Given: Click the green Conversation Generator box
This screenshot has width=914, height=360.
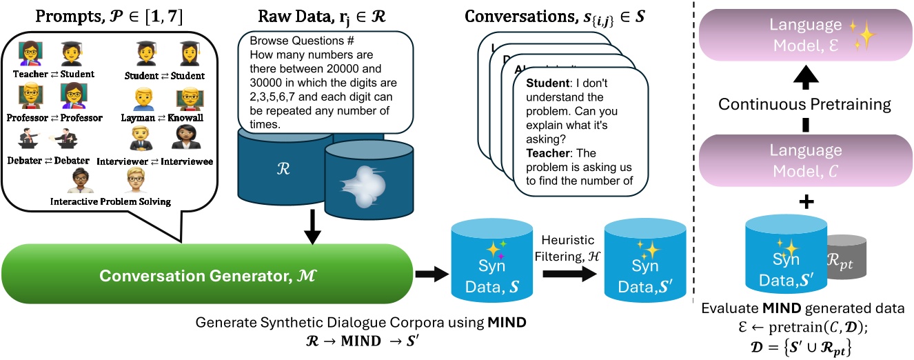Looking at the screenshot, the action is click(207, 274).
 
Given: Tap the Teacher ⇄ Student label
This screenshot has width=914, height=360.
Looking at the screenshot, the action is click(54, 74).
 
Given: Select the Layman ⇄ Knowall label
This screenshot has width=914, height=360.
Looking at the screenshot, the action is click(162, 118).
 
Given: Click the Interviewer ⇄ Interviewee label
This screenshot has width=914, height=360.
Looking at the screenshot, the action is click(154, 161).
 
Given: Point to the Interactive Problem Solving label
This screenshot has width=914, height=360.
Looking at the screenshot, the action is click(110, 201).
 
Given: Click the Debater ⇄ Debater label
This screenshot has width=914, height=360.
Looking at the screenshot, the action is click(48, 161).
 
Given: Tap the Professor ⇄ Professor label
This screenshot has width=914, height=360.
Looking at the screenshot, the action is click(54, 118).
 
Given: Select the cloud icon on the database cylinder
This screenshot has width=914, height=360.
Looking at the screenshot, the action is click(363, 186).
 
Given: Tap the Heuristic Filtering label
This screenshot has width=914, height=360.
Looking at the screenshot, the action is click(567, 248).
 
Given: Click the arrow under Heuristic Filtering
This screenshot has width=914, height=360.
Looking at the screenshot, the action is click(569, 274).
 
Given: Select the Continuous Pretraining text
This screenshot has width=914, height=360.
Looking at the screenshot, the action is click(804, 104).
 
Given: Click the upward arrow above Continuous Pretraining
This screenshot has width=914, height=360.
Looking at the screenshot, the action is click(806, 77).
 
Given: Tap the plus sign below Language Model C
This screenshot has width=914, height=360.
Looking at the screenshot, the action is click(806, 201).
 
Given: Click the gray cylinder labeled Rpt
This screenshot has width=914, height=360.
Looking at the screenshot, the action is click(846, 257).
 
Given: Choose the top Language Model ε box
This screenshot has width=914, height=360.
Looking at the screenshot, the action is click(806, 35).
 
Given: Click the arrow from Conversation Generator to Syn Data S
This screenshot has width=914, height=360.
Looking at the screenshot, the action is click(432, 274).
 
